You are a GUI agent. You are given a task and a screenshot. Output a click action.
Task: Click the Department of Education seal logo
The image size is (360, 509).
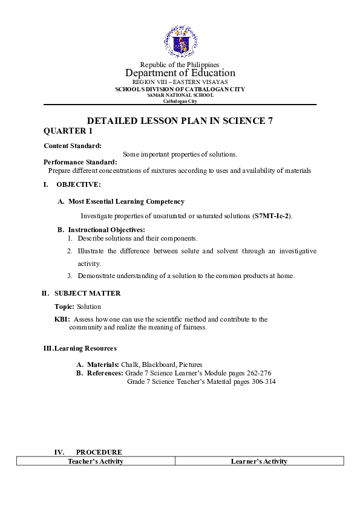[x=180, y=42]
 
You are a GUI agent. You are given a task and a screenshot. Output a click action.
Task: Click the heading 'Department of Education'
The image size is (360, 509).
[x=180, y=73]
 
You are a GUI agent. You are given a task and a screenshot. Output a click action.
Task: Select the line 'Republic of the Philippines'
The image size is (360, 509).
[x=180, y=65]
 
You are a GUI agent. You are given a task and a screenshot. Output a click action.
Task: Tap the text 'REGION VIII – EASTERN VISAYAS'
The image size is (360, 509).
[x=180, y=82]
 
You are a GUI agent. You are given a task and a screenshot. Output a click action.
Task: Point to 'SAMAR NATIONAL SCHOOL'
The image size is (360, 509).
[x=180, y=95]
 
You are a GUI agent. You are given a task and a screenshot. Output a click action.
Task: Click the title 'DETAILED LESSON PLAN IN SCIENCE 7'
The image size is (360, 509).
[x=180, y=120]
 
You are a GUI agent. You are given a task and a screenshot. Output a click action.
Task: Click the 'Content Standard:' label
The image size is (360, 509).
[x=73, y=146]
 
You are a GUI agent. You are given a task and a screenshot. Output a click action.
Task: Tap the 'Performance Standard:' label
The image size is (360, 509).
[x=80, y=162]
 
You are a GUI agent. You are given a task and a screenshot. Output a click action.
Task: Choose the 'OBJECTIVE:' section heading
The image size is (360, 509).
[x=79, y=184]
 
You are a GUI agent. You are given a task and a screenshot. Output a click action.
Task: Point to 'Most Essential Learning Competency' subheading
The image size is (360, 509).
[x=126, y=201]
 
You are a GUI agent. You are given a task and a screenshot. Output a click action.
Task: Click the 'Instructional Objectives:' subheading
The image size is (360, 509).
[x=106, y=230]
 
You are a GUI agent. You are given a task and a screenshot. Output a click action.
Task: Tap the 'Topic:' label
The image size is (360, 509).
[x=64, y=306]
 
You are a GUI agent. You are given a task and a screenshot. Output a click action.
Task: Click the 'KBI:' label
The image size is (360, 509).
[x=62, y=319]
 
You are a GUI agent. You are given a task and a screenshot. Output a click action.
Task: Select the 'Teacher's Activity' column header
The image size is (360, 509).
[x=96, y=461]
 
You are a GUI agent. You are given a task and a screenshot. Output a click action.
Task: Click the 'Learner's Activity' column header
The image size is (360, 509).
[x=259, y=461]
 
